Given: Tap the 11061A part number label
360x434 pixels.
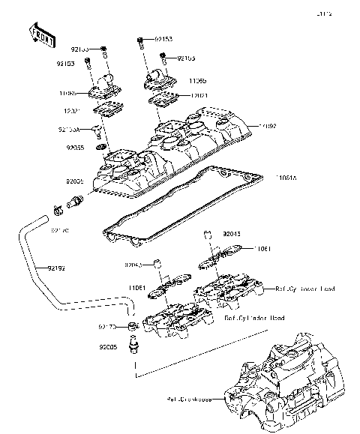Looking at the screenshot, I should pos(286,179).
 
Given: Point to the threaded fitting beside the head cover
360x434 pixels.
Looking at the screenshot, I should pos(74,201).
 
